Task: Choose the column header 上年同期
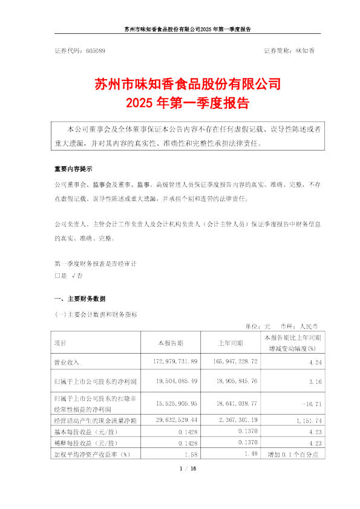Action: (231, 343)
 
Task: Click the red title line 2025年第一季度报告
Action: (180, 103)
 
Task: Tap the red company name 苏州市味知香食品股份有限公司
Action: (180, 83)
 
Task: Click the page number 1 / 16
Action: (180, 468)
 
